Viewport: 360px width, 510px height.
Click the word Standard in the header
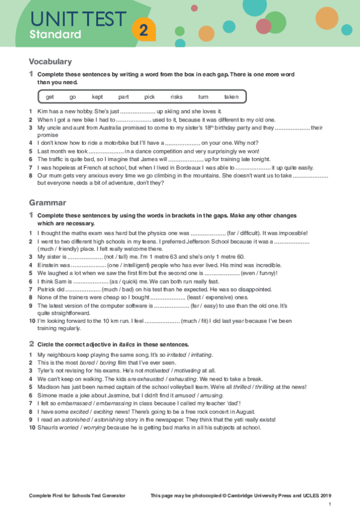coord(55,34)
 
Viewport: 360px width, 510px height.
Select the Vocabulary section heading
coord(50,61)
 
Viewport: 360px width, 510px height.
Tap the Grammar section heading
coord(47,203)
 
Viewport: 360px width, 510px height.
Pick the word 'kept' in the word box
coord(97,97)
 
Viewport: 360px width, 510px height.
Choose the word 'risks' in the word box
coord(176,97)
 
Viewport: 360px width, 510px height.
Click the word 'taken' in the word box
coord(231,97)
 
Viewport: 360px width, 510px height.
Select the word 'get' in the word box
coord(50,97)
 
